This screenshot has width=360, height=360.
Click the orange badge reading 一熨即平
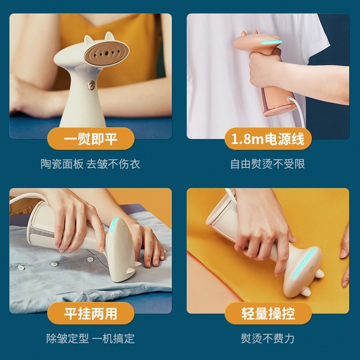coord(91,139)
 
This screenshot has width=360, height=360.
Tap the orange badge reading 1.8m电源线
coord(268,139)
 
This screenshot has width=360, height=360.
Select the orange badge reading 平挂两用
coord(91,313)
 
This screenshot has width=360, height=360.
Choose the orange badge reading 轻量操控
coord(268,313)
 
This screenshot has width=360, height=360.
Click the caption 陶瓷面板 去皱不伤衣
coord(90,164)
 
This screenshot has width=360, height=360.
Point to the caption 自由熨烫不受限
coord(268,164)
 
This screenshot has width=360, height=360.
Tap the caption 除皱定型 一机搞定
coord(90,338)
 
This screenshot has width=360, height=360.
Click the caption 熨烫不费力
coord(268,338)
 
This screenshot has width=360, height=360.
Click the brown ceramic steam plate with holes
coord(106,53)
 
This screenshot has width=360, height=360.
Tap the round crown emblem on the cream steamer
coord(91,85)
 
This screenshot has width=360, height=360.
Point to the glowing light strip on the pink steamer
coord(271,42)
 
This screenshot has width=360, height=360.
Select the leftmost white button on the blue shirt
coord(21,267)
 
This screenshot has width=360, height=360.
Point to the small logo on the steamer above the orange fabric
coord(312,269)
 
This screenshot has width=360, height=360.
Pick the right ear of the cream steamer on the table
coord(109,37)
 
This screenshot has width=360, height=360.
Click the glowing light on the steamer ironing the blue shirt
coord(114,224)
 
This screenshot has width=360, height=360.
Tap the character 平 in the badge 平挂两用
coord(71,313)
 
